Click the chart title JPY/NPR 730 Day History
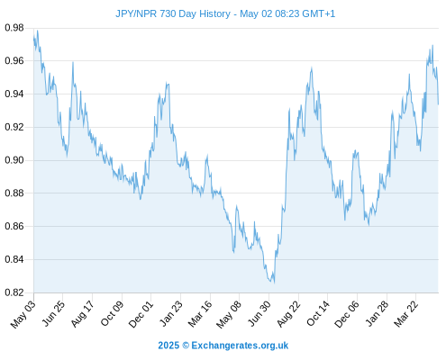(173, 13)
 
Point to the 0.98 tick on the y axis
(14, 28)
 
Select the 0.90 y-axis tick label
(14, 160)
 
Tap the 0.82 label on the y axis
(14, 292)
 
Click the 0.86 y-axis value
(14, 226)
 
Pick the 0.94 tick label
(14, 94)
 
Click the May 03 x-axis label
(23, 314)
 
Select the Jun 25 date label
(53, 314)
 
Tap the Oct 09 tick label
(112, 314)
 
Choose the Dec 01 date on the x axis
(141, 314)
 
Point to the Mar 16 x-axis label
(200, 314)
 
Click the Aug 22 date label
(288, 314)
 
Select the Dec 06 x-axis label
(347, 314)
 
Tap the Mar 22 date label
(406, 314)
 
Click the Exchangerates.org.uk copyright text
(240, 346)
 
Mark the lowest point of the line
(274, 283)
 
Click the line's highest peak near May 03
(37, 31)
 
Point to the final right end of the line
(438, 104)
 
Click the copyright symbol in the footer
(186, 346)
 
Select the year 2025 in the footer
(168, 346)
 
